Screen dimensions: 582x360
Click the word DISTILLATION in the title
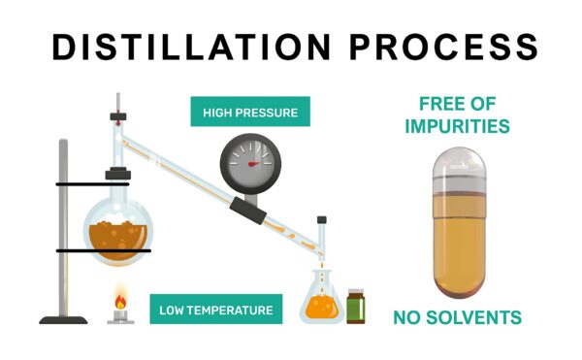tap(191, 47)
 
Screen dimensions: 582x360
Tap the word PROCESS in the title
tap(444, 47)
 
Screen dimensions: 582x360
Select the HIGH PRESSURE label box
tap(250, 112)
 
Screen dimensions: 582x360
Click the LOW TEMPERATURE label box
tap(216, 310)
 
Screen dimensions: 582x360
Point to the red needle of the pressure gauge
tap(255, 163)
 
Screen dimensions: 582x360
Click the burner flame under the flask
tap(120, 301)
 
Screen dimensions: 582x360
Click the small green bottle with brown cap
tap(356, 307)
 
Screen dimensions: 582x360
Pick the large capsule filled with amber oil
tap(459, 222)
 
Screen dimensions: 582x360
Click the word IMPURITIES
tap(457, 126)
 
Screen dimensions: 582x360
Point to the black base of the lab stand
tap(63, 320)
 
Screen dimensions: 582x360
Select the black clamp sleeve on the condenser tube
tap(247, 211)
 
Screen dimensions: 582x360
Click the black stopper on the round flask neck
tap(118, 174)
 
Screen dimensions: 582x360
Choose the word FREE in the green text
tap(437, 104)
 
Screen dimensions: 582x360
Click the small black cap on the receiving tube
tap(322, 219)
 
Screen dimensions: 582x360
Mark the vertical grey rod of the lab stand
tap(63, 227)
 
